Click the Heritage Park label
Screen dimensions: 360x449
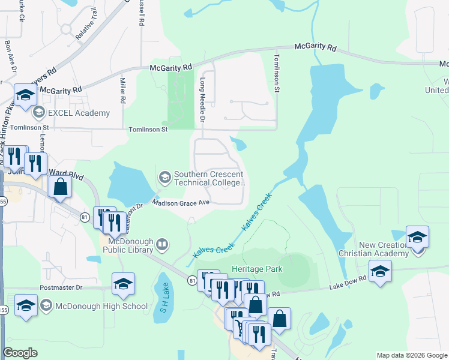click(256, 269)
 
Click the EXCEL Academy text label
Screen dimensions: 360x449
click(79, 113)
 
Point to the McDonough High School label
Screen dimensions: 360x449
click(101, 306)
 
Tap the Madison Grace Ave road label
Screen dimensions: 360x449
click(180, 203)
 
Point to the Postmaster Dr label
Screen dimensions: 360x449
click(61, 288)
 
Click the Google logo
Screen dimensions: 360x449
click(20, 353)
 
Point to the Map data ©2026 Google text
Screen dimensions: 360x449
click(411, 355)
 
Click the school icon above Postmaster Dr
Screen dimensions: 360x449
click(123, 284)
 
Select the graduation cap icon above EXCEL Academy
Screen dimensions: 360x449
click(26, 95)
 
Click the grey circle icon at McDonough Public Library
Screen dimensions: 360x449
click(162, 244)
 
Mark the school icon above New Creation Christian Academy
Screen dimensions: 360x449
click(417, 237)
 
